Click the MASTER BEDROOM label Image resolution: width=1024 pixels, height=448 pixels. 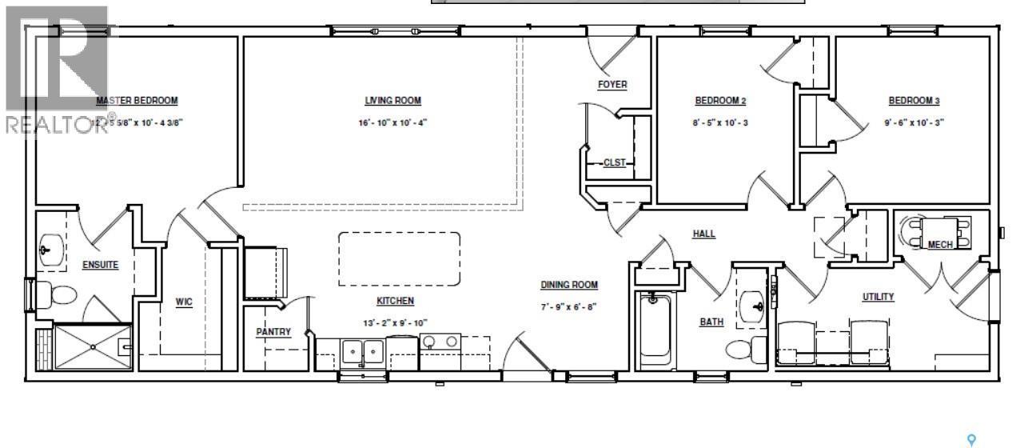(137, 101)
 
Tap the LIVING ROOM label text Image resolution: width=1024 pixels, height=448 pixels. (392, 101)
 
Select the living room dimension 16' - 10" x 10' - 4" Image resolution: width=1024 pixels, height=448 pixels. (392, 123)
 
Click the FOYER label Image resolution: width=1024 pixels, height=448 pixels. (612, 85)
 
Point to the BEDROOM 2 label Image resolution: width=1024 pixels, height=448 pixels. (720, 101)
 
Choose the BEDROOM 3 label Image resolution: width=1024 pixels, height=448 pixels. (914, 101)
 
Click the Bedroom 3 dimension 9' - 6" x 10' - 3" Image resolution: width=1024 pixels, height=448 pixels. (914, 123)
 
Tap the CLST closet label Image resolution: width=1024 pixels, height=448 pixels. (614, 163)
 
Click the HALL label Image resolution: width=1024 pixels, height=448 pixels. (703, 234)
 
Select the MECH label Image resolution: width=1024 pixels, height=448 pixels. (940, 245)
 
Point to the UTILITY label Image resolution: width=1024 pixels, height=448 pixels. (878, 297)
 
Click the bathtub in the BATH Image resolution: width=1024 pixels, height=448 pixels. (655, 328)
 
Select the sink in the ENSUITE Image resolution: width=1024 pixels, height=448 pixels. (49, 252)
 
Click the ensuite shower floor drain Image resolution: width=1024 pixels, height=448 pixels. (93, 346)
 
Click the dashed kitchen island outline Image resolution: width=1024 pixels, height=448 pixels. (399, 258)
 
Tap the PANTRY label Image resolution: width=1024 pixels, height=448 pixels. (273, 332)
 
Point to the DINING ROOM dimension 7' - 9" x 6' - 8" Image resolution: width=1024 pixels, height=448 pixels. (569, 306)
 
